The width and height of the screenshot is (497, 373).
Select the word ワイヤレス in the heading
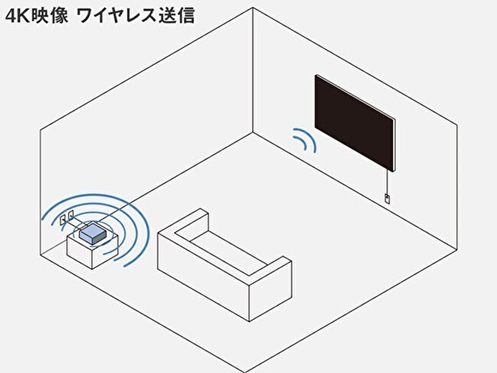116,15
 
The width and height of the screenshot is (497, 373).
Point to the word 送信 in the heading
177,15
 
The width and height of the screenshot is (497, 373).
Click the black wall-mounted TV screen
355,123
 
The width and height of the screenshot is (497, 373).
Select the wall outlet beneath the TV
387,198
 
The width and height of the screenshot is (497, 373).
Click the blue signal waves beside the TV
304,139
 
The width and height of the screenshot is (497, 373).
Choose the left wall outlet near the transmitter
63,220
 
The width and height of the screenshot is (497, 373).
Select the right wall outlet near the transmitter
71,216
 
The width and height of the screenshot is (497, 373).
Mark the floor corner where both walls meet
252,132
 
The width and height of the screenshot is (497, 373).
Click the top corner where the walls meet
252,8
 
